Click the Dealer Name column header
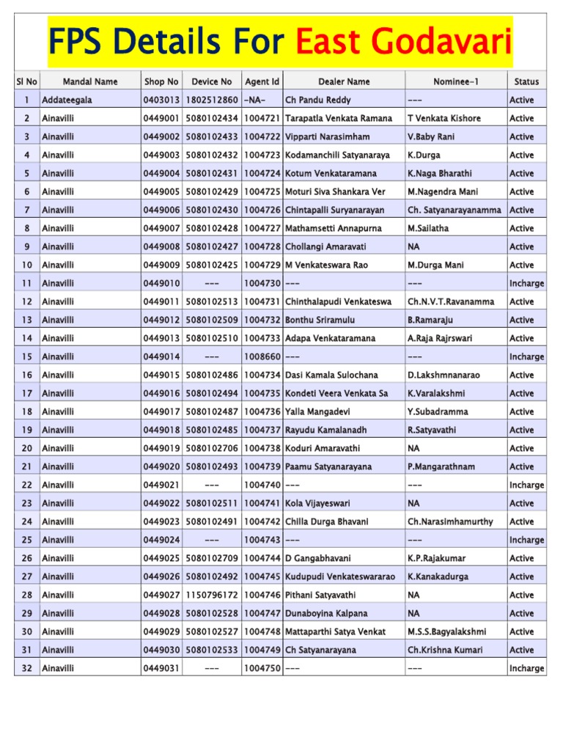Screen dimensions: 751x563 344,81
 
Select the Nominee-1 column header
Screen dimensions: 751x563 455,81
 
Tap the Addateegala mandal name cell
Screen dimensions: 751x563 67,100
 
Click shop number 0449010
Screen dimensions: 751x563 161,283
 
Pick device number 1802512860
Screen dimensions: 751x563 212,100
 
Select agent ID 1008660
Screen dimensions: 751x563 262,356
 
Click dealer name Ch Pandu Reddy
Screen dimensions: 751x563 318,100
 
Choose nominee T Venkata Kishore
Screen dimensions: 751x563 444,118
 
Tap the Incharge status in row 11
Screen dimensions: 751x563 526,283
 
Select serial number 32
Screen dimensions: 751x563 26,668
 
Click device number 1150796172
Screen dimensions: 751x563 212,595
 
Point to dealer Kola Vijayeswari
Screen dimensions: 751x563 317,503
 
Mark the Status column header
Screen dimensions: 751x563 526,81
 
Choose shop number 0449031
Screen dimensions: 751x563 161,668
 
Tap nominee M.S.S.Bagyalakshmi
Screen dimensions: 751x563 446,631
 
